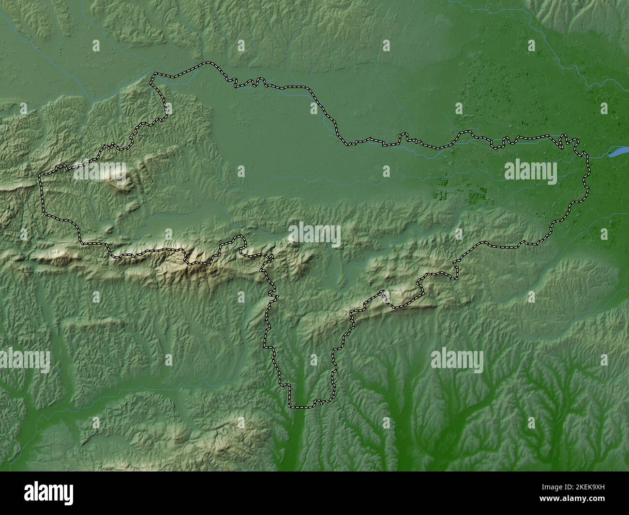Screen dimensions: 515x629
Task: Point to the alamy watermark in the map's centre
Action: (x=314, y=235)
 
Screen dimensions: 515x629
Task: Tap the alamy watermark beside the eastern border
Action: (x=530, y=172)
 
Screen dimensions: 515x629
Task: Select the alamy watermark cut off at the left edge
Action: (x=24, y=360)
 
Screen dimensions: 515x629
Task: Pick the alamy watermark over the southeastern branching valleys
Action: (x=457, y=360)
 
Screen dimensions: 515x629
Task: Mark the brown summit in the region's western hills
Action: (x=119, y=182)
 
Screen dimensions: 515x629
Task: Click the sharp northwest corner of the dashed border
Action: (x=154, y=74)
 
